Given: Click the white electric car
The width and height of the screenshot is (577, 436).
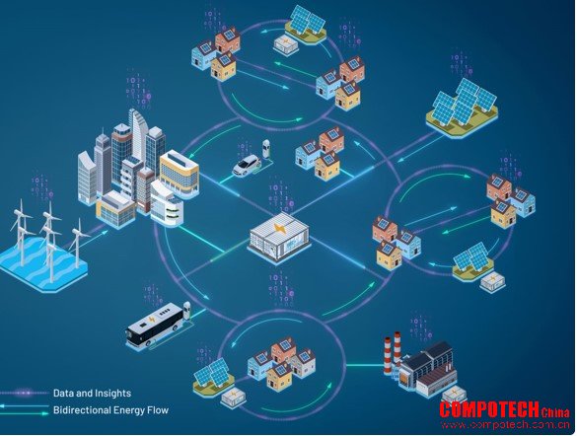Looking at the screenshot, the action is click(x=247, y=165).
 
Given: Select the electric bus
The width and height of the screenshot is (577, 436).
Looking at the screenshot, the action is click(x=155, y=325).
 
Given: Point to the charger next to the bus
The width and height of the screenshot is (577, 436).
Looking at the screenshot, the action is click(x=187, y=312).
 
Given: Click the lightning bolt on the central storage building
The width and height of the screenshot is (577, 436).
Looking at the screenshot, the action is click(x=279, y=230).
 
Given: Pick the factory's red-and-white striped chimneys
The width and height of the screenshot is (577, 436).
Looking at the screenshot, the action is click(x=393, y=352).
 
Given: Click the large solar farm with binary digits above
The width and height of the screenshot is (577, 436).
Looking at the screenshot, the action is click(x=463, y=108).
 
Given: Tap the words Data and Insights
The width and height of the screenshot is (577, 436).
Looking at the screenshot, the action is click(x=92, y=393).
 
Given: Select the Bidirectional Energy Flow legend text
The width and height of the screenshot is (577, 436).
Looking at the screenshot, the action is click(x=110, y=410).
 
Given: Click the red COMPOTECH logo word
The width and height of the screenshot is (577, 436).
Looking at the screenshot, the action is click(x=489, y=409).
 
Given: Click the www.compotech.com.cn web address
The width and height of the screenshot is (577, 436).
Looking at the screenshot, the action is click(x=505, y=425).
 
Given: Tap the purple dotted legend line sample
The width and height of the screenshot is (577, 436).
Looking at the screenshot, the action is click(x=25, y=393).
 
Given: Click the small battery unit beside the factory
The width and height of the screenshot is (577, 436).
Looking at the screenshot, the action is click(x=454, y=396).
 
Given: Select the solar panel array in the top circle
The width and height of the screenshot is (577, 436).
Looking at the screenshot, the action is click(x=306, y=23).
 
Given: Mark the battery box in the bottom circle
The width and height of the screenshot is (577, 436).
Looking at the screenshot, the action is click(x=234, y=398).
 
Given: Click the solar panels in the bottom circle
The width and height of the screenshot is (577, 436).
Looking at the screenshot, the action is click(x=213, y=376).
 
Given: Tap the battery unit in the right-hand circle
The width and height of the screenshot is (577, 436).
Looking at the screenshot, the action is click(x=493, y=281).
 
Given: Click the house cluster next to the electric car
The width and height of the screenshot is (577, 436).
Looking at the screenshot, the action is click(x=321, y=153).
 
